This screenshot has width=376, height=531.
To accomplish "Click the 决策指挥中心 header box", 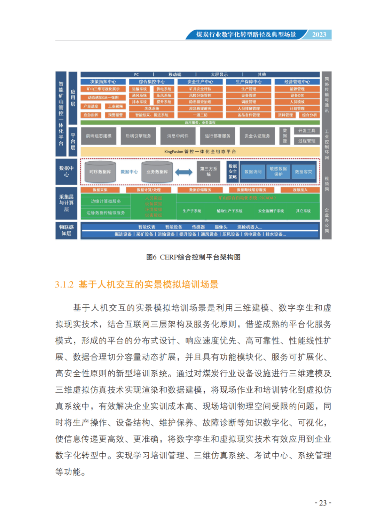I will (x=103, y=82).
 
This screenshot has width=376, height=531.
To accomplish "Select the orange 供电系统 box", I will (x=164, y=89).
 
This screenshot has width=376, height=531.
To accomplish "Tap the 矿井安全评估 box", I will (x=200, y=89).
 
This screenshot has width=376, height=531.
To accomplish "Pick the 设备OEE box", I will (x=297, y=95).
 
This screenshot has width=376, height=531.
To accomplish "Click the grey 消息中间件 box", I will (x=178, y=136).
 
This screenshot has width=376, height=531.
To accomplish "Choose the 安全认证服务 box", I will (x=257, y=136).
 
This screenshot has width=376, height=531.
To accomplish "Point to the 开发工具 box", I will (x=306, y=131).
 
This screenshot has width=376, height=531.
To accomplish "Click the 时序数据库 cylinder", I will (x=100, y=172).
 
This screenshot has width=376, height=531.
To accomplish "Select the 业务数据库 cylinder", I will (x=157, y=172).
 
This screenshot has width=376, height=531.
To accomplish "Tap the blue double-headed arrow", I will (x=183, y=172).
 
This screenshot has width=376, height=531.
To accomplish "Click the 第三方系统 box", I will (x=209, y=171).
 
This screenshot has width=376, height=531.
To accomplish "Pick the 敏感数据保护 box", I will (x=278, y=171).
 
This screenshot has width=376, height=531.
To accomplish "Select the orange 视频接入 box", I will (x=300, y=190).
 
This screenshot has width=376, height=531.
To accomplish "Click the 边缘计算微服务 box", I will (x=106, y=201).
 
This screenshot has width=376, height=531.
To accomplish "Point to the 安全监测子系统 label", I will (x=271, y=211).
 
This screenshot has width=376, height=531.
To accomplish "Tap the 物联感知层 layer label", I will (x=66, y=230).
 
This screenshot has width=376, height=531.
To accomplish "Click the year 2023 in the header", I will (x=319, y=34).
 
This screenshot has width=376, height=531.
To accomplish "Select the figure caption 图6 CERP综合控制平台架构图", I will (x=193, y=257).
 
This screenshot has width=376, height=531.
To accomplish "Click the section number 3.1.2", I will (x=64, y=285).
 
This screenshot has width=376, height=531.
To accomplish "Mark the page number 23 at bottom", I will (x=323, y=503).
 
